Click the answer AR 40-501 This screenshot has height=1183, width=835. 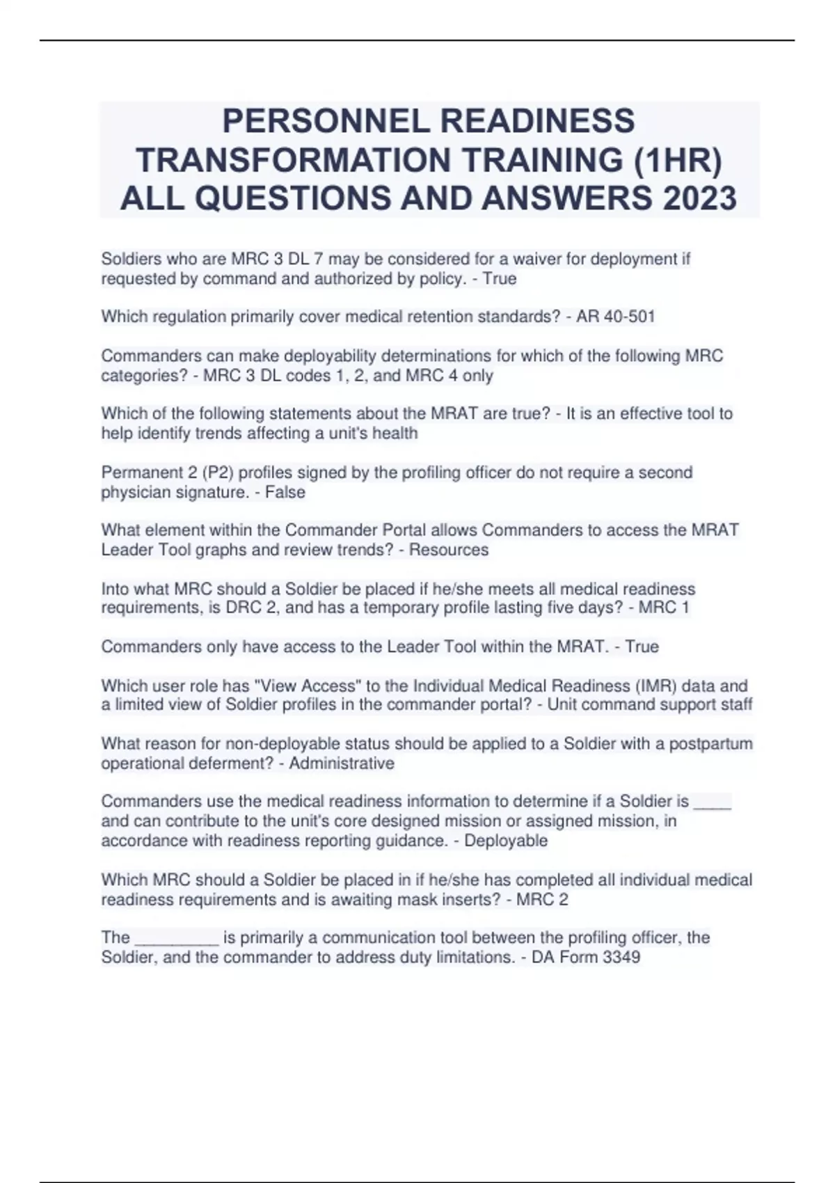[x=615, y=317]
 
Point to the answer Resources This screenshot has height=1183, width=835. [x=449, y=550]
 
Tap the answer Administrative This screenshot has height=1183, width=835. [x=342, y=763]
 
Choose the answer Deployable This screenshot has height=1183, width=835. [x=506, y=841]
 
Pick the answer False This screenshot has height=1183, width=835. [x=285, y=492]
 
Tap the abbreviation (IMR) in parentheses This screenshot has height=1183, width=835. [x=656, y=686]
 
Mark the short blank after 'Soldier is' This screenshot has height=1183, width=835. [x=713, y=802]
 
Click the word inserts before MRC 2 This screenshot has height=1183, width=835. [x=471, y=900]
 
